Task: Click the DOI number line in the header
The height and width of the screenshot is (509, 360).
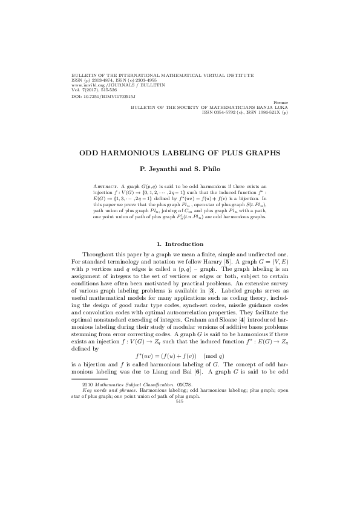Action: [103, 96]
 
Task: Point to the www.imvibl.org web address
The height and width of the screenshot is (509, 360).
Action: [90, 85]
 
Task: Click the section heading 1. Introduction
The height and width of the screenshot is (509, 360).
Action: [180, 244]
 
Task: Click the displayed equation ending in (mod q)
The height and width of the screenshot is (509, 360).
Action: [180, 355]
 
